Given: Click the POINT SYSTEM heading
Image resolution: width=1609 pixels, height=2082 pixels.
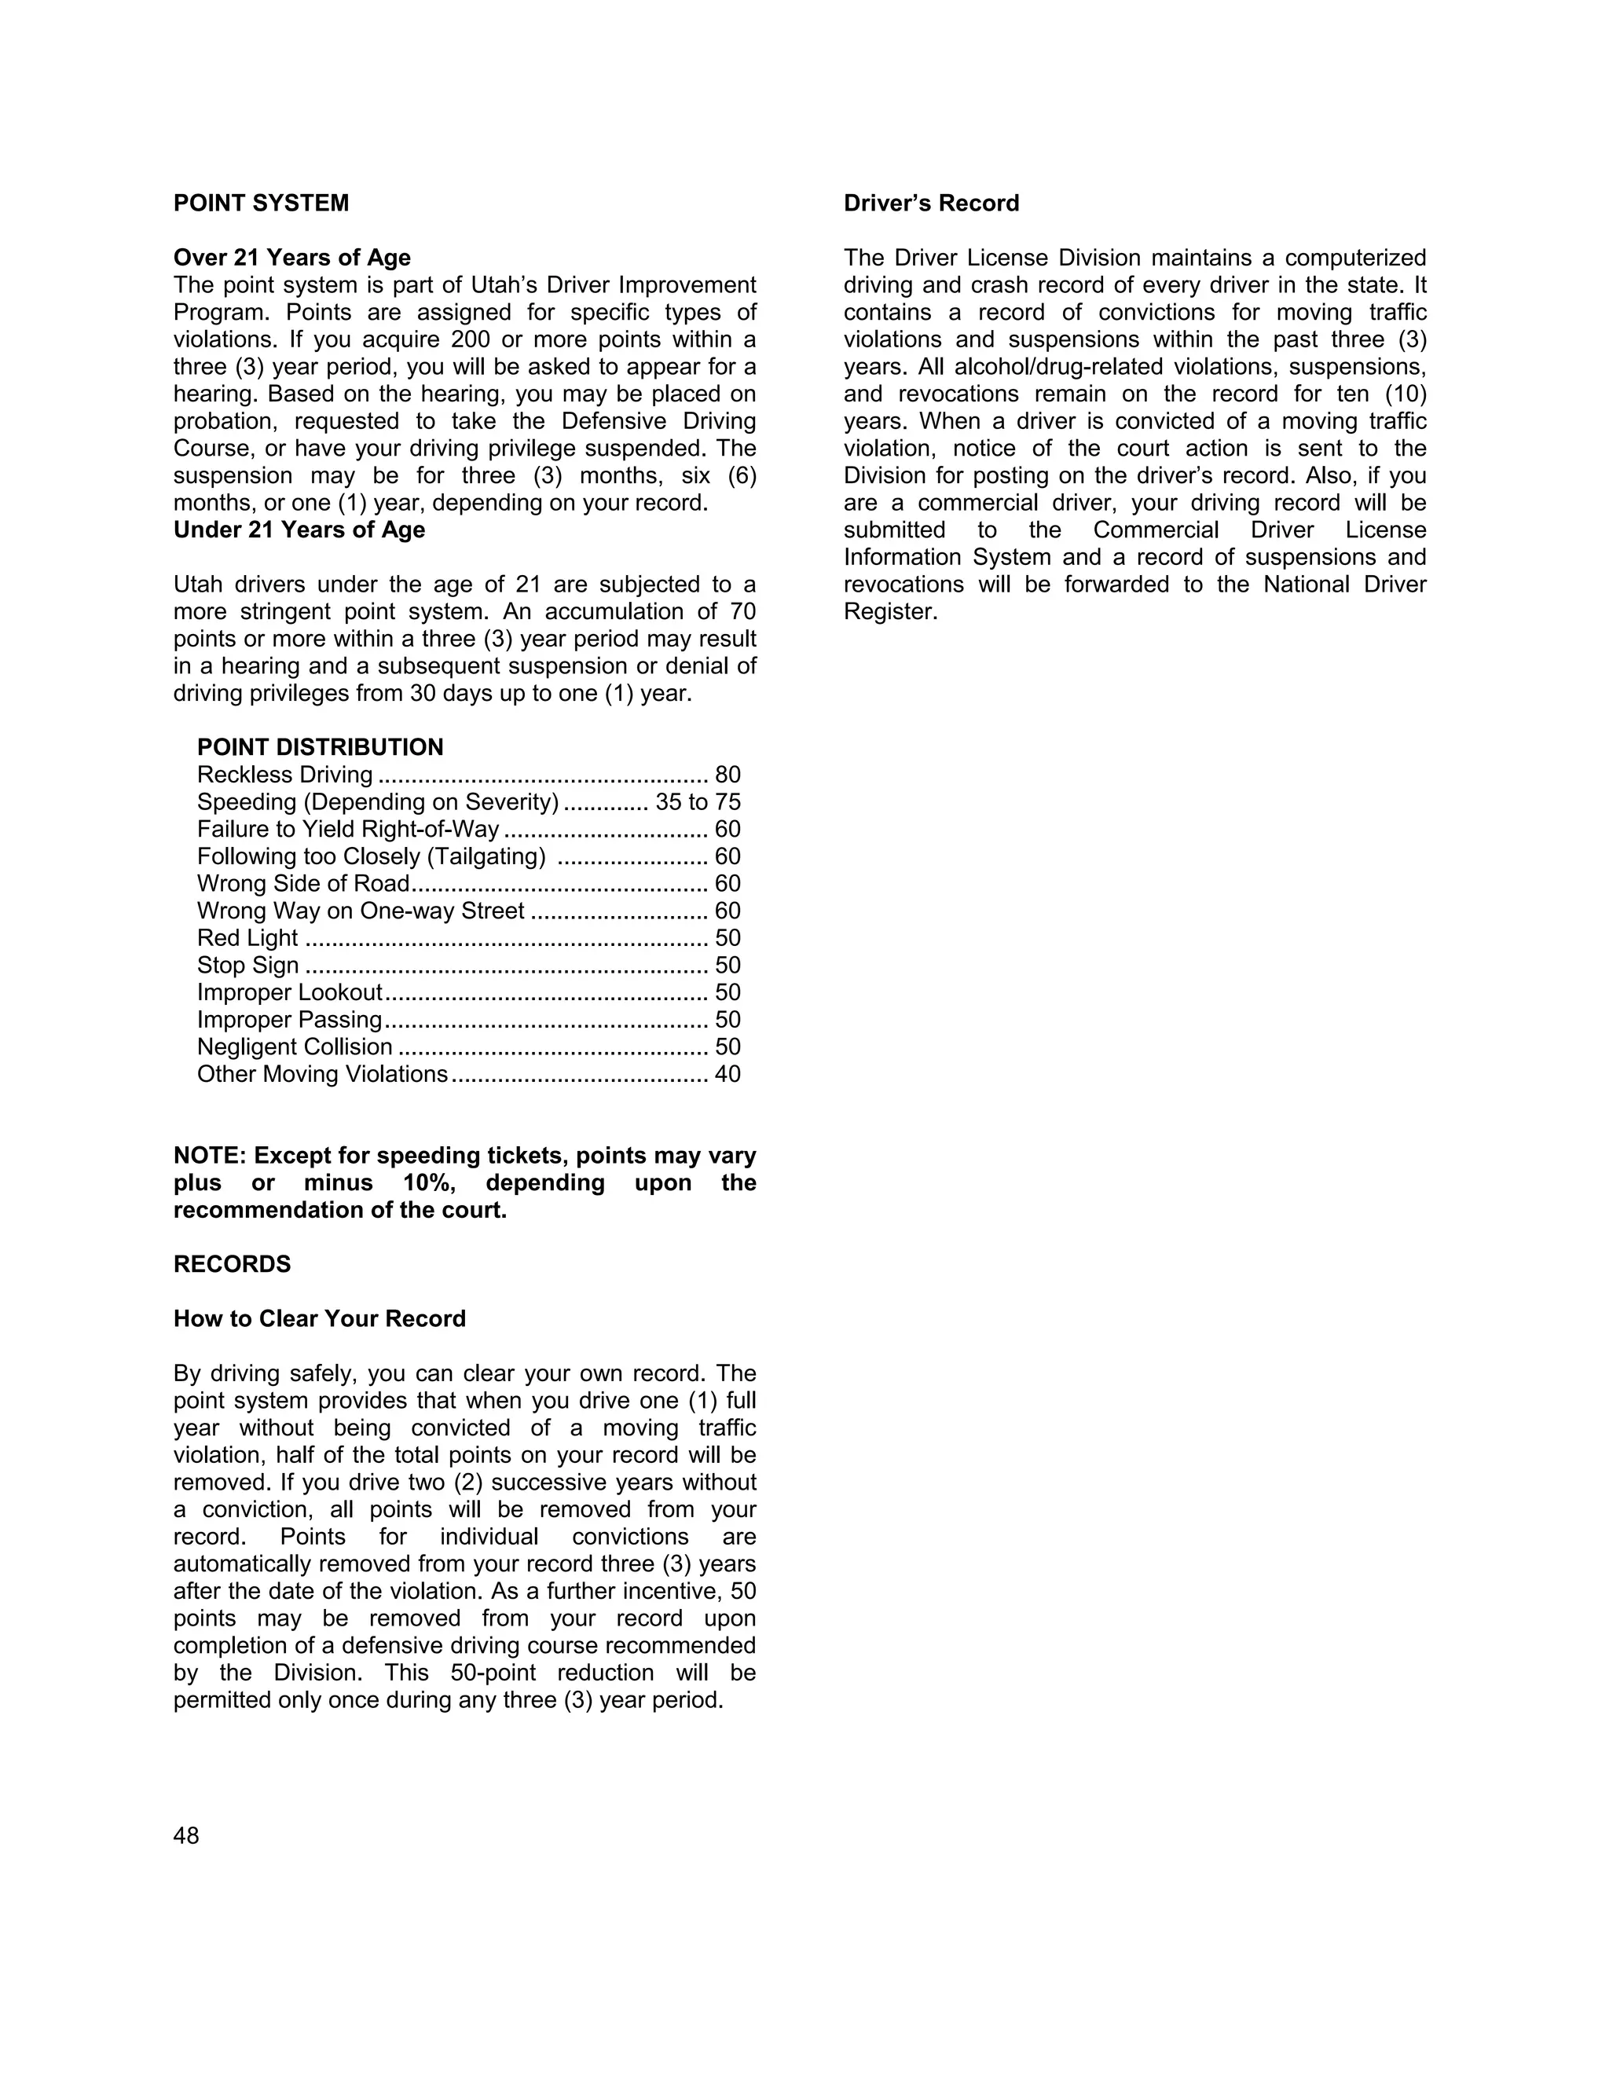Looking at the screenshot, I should (x=261, y=203).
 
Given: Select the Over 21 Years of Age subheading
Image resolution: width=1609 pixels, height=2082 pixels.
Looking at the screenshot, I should (x=291, y=258).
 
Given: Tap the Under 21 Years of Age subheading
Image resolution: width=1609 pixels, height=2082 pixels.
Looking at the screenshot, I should (x=299, y=530).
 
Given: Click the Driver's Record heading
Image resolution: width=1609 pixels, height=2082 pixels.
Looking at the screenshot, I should (x=931, y=203).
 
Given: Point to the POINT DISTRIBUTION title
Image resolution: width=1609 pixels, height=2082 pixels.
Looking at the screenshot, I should (x=321, y=747).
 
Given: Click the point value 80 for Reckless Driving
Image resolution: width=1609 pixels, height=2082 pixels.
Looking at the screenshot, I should (x=728, y=775).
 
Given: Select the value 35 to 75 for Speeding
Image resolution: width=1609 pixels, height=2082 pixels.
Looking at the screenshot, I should (x=698, y=803).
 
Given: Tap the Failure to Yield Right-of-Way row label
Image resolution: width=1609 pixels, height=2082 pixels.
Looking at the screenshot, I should (x=348, y=830).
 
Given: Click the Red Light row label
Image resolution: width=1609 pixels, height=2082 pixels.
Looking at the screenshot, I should (x=247, y=938).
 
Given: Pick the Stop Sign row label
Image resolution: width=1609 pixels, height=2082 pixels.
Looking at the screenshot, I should (x=247, y=966).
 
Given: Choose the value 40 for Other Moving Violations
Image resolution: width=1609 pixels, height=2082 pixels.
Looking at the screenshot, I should (x=728, y=1074).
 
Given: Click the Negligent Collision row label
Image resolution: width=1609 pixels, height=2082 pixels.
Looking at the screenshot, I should (x=295, y=1046).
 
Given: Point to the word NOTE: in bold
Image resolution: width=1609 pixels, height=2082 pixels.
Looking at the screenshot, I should (x=210, y=1156).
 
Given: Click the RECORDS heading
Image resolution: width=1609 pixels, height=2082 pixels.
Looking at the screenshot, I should (x=232, y=1265).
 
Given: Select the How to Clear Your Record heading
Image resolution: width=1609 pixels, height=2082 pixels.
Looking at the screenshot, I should (x=319, y=1319).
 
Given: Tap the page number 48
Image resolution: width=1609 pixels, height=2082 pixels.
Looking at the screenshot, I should (x=186, y=1836).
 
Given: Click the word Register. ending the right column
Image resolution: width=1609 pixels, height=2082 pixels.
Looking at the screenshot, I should (x=890, y=612).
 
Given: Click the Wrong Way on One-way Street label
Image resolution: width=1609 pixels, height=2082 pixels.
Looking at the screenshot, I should (x=361, y=911).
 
